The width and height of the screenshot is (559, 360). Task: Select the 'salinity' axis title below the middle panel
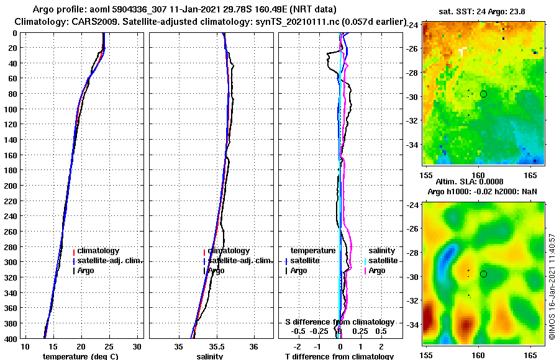[x=209, y=356]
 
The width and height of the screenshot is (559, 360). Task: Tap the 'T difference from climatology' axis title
[x=339, y=356]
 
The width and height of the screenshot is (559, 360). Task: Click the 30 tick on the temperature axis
[x=137, y=346]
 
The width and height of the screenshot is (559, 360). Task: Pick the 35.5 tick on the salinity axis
[x=217, y=346]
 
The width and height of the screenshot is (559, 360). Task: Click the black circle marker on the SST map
[x=483, y=94]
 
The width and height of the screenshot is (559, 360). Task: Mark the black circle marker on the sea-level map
[x=483, y=274]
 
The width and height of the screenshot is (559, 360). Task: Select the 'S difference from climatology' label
[x=339, y=322]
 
